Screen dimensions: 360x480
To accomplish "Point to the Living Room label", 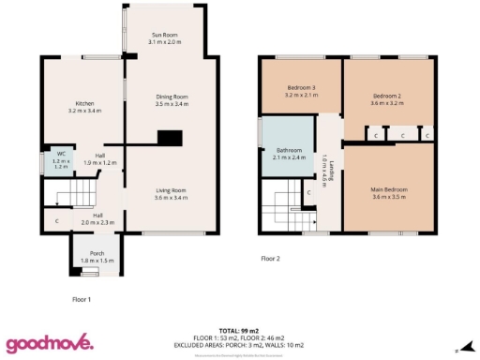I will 172,194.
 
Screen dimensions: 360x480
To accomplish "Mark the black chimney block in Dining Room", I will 170,138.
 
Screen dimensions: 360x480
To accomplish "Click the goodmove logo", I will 50,343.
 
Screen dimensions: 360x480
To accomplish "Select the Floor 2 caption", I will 271,258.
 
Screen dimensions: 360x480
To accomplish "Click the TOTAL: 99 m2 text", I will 239,331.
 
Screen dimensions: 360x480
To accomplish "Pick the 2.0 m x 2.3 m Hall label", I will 97,218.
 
